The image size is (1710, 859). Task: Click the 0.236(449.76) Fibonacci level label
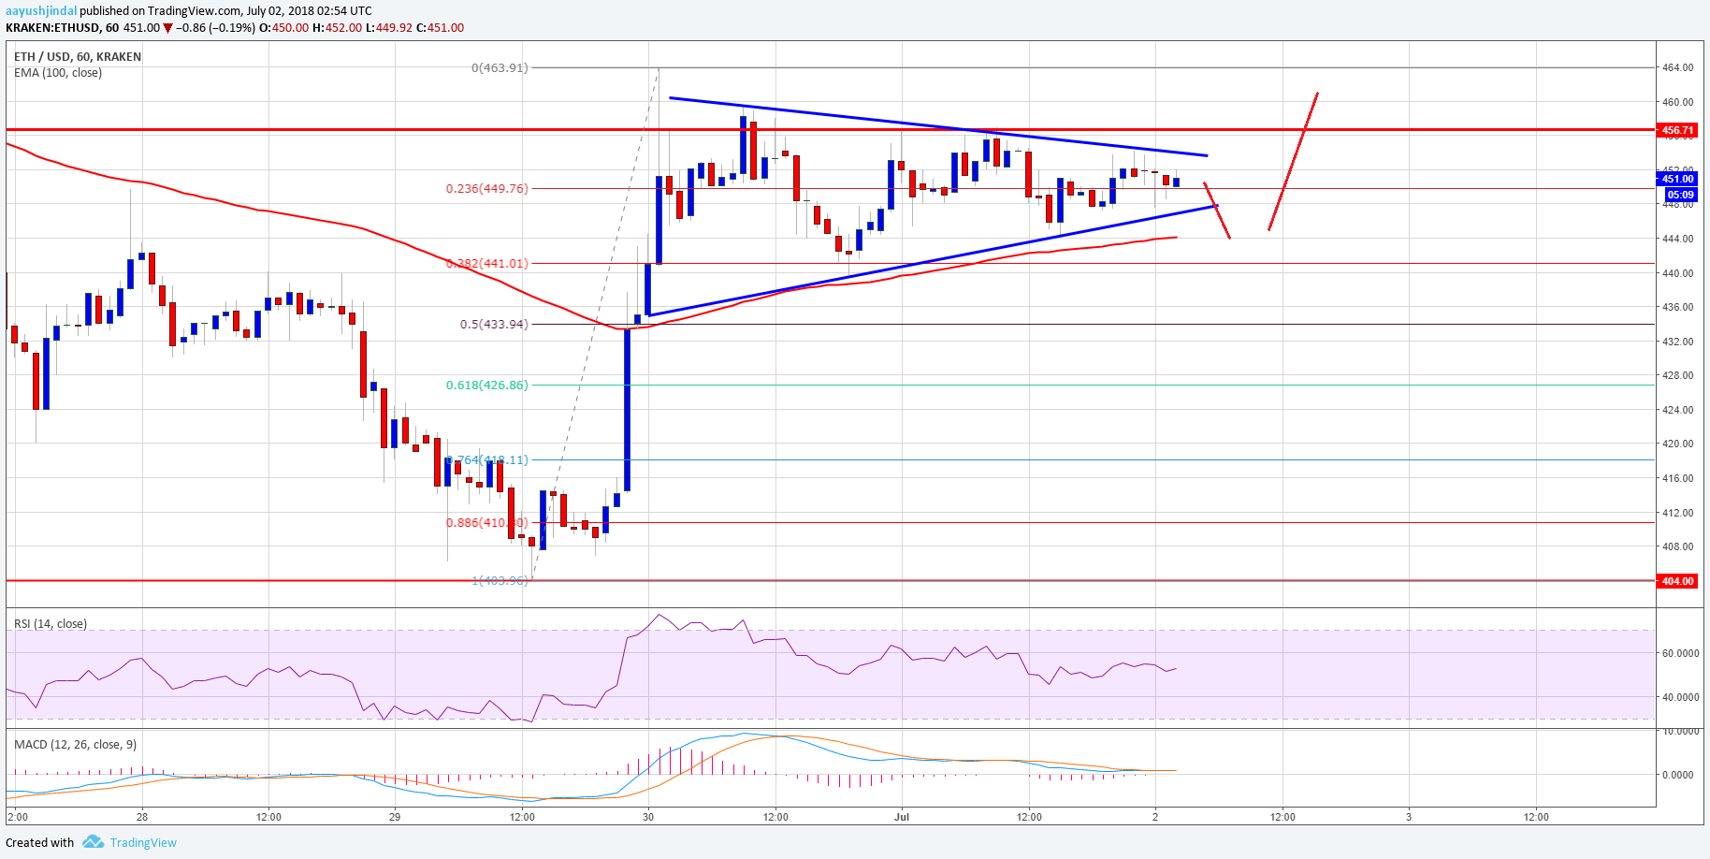(x=486, y=189)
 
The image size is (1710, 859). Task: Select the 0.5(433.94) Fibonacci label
(x=493, y=325)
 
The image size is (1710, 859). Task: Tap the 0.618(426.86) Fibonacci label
(x=486, y=385)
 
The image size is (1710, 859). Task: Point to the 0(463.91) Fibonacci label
(x=500, y=68)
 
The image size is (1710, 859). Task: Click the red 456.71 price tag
(x=1677, y=130)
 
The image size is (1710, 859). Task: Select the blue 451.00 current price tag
(x=1677, y=179)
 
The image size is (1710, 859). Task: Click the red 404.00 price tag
(x=1677, y=581)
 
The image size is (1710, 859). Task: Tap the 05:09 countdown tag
(x=1680, y=195)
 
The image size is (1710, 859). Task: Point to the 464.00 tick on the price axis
(x=1677, y=68)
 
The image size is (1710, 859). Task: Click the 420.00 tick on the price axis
(x=1677, y=444)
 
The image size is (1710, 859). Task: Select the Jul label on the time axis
(x=902, y=817)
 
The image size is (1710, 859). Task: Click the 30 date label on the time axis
(x=648, y=817)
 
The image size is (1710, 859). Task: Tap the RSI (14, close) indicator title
(x=51, y=624)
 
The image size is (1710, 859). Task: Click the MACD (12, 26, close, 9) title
(x=75, y=745)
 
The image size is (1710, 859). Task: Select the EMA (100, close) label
(x=58, y=73)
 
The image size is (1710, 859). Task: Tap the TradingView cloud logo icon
(x=93, y=842)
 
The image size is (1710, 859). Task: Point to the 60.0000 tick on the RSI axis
(x=1680, y=654)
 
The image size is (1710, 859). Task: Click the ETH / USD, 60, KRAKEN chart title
(x=78, y=57)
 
